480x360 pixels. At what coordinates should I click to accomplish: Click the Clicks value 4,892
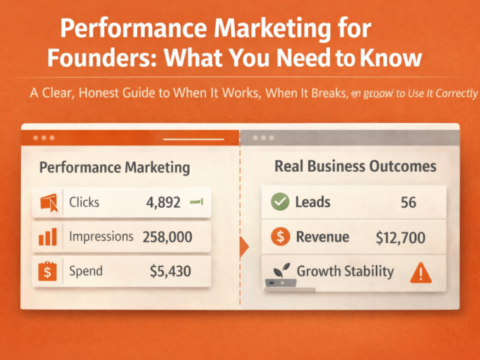click(x=162, y=202)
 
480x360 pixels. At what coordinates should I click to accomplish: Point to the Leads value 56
click(x=409, y=202)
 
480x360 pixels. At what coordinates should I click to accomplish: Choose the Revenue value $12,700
click(x=400, y=238)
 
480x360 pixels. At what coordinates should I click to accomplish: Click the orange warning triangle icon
click(x=422, y=272)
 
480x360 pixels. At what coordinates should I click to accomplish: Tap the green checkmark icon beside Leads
click(x=279, y=202)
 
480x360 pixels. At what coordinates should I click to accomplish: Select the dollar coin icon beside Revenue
click(x=280, y=238)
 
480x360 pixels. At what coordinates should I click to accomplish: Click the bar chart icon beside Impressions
click(x=48, y=238)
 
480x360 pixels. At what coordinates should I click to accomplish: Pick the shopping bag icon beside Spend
click(x=48, y=271)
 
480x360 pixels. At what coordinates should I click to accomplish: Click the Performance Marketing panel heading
click(x=113, y=167)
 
